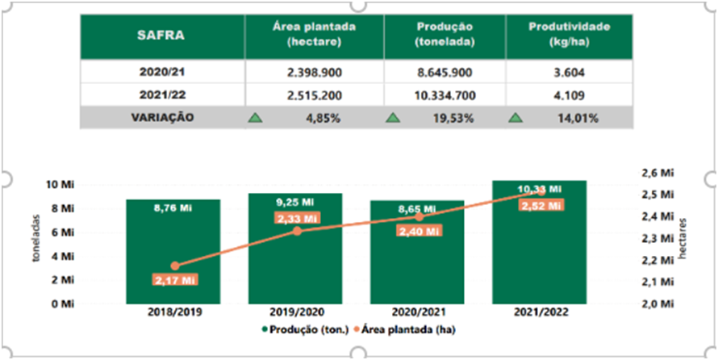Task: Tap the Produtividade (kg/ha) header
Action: [x=569, y=35]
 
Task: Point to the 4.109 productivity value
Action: [x=569, y=94]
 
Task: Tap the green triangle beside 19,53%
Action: [x=393, y=118]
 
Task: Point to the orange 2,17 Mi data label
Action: [x=174, y=280]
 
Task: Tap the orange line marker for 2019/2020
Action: [x=296, y=231]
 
